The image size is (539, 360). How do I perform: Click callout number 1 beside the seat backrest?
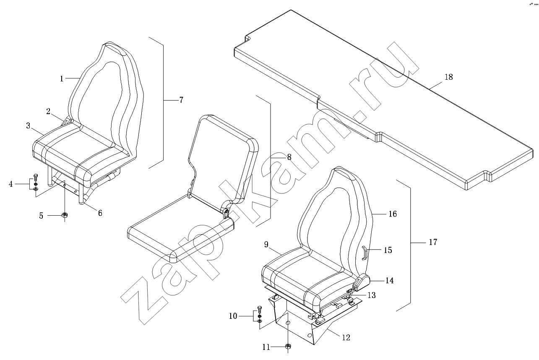pyautogui.click(x=61, y=78)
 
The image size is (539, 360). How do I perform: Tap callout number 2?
pyautogui.click(x=48, y=111)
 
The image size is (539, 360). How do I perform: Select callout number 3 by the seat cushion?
pyautogui.click(x=28, y=125)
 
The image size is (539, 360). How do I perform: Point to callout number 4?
pyautogui.click(x=11, y=183)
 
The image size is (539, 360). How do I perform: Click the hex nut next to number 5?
pyautogui.click(x=65, y=215)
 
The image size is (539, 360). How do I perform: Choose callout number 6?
pyautogui.click(x=100, y=213)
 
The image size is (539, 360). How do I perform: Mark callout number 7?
pyautogui.click(x=181, y=100)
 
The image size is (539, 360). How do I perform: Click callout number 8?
pyautogui.click(x=289, y=157)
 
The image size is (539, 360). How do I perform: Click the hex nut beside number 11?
pyautogui.click(x=288, y=347)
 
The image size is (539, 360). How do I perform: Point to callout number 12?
pyautogui.click(x=346, y=337)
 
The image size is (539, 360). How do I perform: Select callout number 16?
pyautogui.click(x=392, y=214)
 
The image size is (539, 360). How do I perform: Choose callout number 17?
pyautogui.click(x=433, y=242)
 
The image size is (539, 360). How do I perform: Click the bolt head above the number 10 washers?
pyautogui.click(x=259, y=308)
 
